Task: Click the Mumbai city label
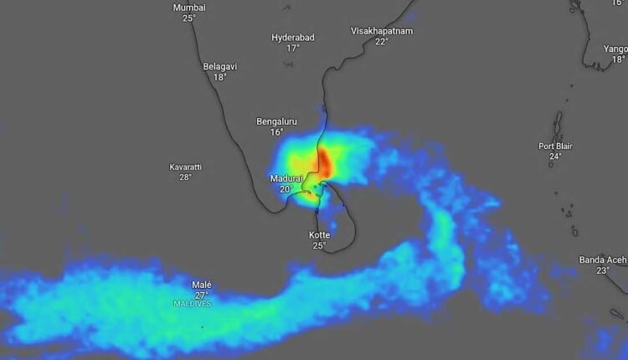coord(188,8)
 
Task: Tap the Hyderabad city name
coord(292,38)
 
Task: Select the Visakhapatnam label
coord(381,31)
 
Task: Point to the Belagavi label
coord(220,66)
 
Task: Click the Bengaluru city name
coord(276,121)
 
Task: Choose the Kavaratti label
coord(186,167)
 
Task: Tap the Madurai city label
coord(286,178)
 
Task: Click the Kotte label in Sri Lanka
coord(319,235)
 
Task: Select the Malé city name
coord(202,285)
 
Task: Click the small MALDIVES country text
coord(193,303)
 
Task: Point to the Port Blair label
coord(555,146)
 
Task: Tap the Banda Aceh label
coord(603,260)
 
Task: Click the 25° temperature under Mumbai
coord(188,18)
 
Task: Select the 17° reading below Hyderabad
coord(292,48)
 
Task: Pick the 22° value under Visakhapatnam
coord(381,41)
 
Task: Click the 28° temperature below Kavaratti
coord(186,177)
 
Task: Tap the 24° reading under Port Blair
coord(555,156)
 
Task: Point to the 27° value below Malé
coord(202,295)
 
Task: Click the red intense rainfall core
coord(324,161)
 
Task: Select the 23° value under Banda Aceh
coord(603,270)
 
